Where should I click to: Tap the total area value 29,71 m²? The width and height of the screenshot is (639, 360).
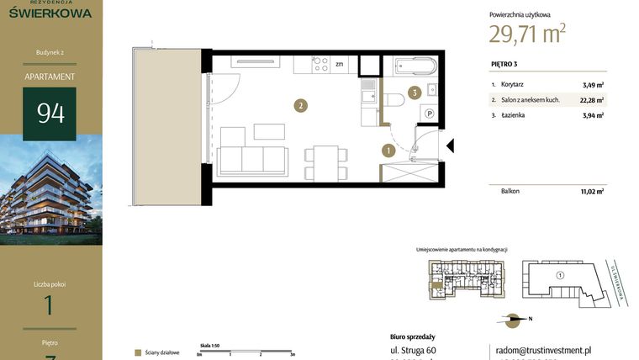[526, 34]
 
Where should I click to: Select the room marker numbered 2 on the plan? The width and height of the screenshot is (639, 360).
[299, 106]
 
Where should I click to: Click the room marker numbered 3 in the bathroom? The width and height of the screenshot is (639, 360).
[414, 93]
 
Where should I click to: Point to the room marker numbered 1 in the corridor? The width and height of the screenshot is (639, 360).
[388, 151]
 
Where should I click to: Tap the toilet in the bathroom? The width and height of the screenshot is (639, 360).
[393, 99]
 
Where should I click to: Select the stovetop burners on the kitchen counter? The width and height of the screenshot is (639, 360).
[320, 64]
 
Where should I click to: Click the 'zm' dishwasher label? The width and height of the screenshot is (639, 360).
[340, 64]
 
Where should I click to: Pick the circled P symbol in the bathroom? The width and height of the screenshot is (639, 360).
[429, 114]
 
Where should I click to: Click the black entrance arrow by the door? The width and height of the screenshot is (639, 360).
[449, 146]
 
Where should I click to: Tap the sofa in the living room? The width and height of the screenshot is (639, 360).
[252, 160]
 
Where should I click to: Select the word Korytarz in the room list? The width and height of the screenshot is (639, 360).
[514, 85]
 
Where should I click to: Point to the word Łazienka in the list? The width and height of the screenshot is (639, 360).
[513, 115]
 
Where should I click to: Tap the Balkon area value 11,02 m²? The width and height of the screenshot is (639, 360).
[593, 192]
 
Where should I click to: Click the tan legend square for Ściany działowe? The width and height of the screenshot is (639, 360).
[138, 352]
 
